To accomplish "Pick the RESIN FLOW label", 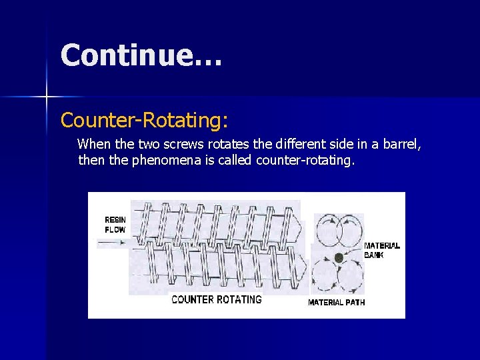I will pyautogui.click(x=115, y=225).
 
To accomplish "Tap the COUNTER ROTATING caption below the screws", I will pyautogui.click(x=217, y=299).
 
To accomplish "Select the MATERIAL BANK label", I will pyautogui.click(x=381, y=250).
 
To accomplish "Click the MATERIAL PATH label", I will pyautogui.click(x=336, y=302).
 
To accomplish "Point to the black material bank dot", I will pyautogui.click(x=339, y=257).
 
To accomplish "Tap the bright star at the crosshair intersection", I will pyautogui.click(x=47, y=97).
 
